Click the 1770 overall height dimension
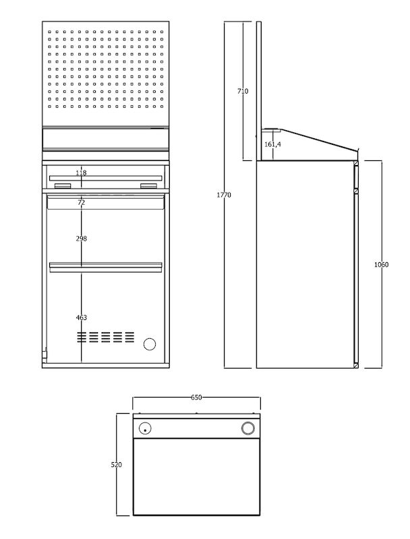click(224, 195)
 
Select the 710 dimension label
click(243, 91)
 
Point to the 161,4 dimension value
click(272, 144)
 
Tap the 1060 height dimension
click(381, 264)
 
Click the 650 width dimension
click(196, 398)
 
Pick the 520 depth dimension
click(116, 465)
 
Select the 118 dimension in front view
click(81, 172)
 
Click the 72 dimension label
click(81, 203)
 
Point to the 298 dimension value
click(81, 239)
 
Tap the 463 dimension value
click(81, 317)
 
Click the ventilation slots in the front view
click(106, 338)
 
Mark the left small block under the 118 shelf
click(63, 186)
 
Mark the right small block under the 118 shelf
click(148, 186)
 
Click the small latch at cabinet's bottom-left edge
click(45, 354)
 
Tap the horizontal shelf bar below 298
click(106, 267)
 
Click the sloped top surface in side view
click(318, 139)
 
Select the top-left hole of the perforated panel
click(49, 32)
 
